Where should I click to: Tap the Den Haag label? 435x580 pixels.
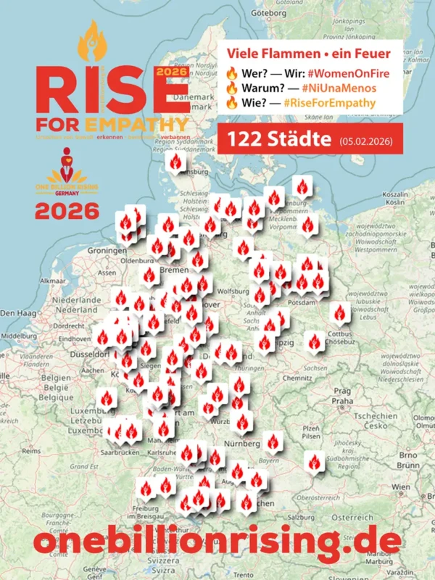(17, 312)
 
